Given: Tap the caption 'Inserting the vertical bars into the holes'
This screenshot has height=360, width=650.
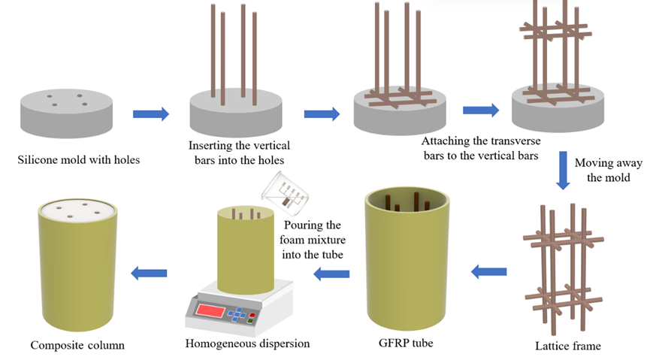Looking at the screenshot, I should (240, 152).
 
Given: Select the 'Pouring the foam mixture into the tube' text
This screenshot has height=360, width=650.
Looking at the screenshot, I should (314, 240).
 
